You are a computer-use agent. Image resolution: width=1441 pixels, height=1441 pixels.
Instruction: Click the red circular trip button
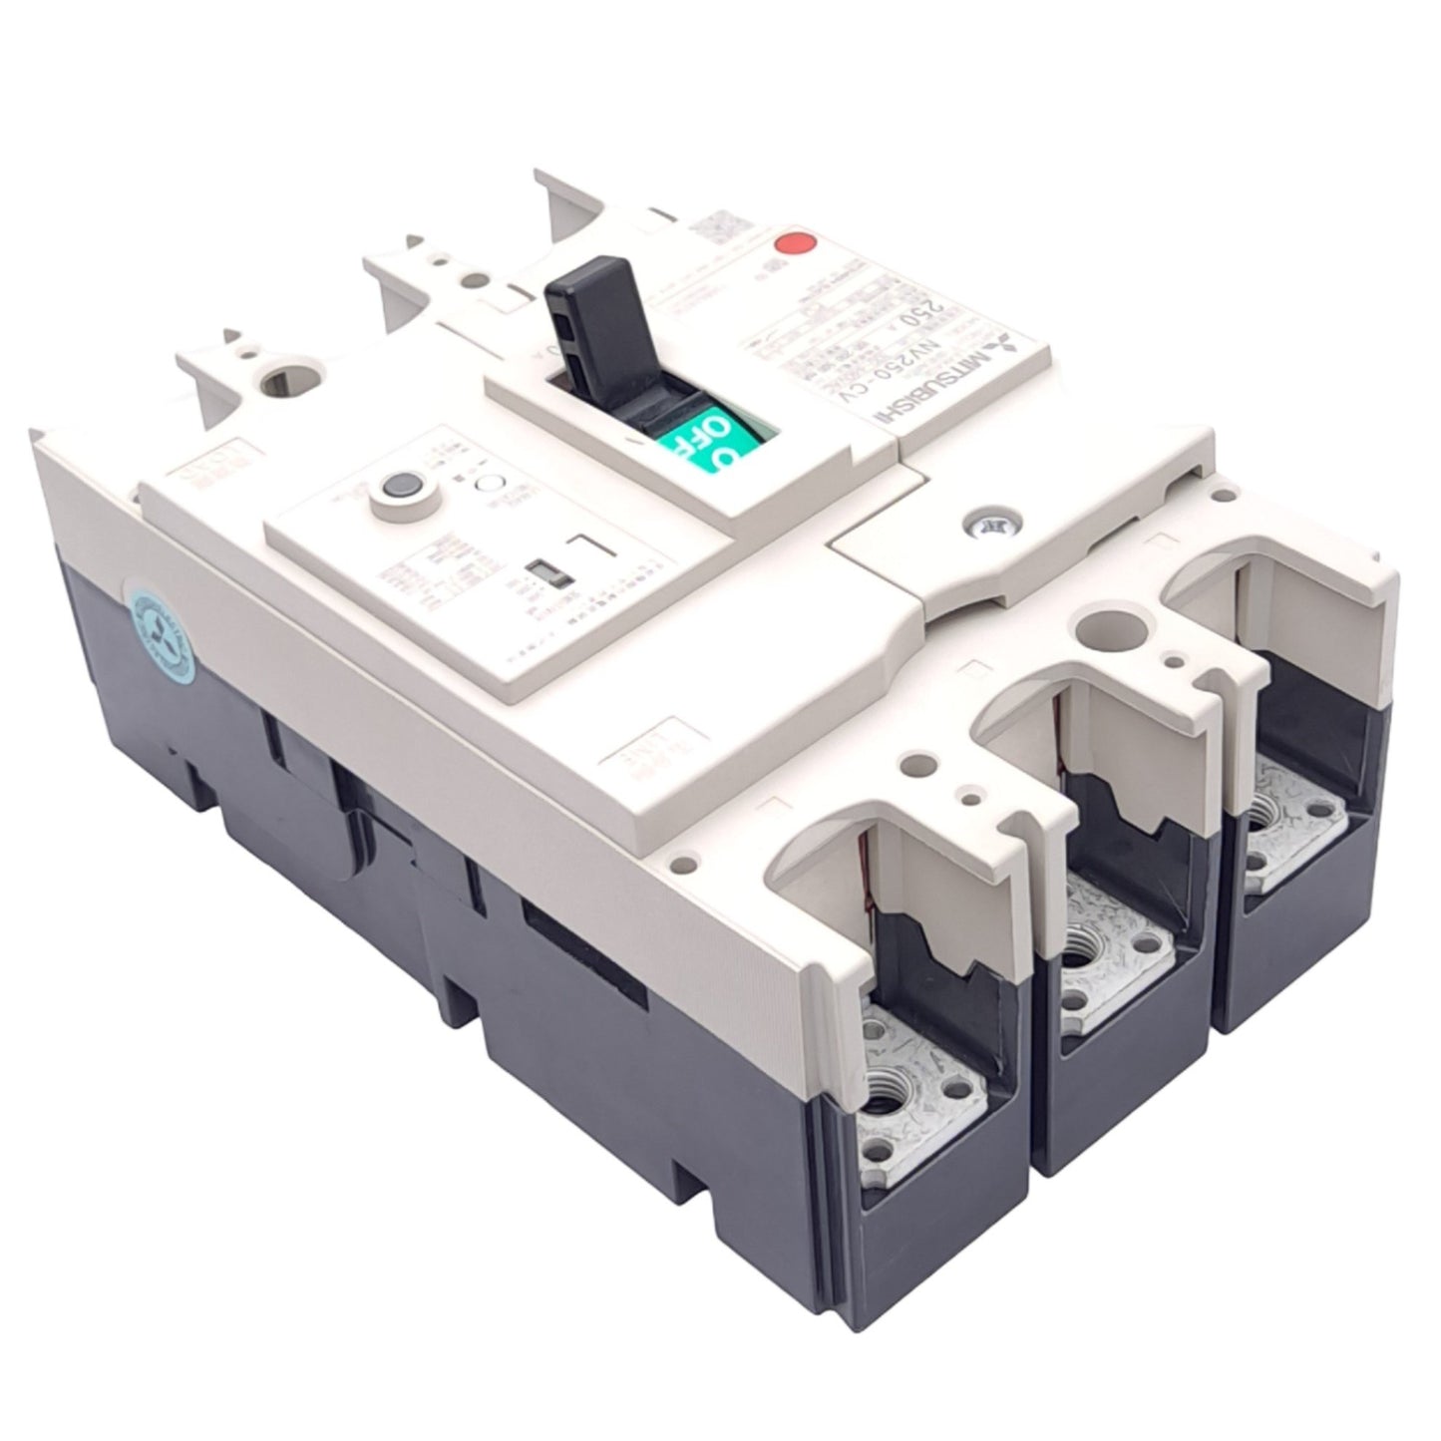pos(794,244)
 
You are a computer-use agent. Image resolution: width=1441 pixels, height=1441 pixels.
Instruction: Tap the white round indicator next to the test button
pos(490,486)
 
